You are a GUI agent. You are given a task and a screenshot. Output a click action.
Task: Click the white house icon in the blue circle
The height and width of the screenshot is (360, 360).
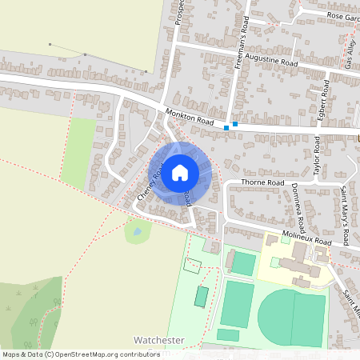pos(180,172)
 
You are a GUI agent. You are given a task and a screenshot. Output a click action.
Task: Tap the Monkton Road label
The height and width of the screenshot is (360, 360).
pos(190,118)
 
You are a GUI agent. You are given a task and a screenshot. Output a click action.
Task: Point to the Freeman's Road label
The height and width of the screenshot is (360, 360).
pos(243,43)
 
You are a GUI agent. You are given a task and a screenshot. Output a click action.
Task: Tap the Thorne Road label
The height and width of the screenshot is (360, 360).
pos(266,183)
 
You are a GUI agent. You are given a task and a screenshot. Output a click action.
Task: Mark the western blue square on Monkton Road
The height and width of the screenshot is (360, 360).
pos(226,127)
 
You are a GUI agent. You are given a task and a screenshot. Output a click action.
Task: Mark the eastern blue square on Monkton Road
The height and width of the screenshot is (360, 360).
pos(234,124)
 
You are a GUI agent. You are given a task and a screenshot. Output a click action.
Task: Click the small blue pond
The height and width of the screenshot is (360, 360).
pos(137,231)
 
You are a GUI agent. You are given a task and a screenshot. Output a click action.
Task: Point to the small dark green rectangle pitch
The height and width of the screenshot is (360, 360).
pos(201,297)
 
